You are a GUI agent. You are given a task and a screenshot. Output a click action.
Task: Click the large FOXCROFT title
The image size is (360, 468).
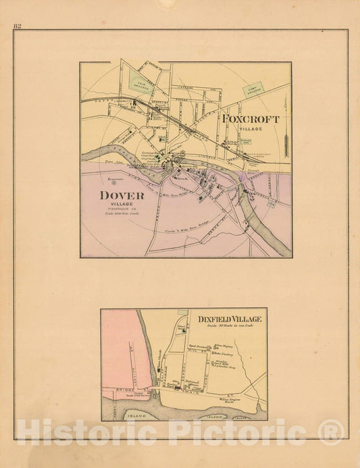[x=250, y=119]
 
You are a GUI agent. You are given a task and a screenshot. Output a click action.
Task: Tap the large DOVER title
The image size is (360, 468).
[x=122, y=195]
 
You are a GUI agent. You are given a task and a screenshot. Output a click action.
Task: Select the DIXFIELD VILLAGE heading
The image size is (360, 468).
[x=230, y=319]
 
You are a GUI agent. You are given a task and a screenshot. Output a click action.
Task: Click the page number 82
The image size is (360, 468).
[x=17, y=26]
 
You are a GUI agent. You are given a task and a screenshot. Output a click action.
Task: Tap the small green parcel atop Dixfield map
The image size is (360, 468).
[x=182, y=313]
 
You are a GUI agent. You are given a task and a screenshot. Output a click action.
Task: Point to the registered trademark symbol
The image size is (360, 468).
[x=331, y=432]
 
